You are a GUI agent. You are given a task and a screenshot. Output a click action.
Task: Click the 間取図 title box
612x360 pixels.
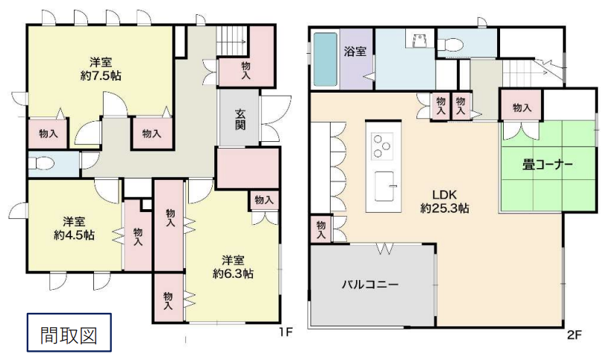click(x=69, y=332)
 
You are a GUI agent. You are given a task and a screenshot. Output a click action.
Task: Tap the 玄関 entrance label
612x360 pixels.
click(x=240, y=119)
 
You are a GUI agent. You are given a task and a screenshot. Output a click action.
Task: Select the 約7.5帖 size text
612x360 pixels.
click(x=101, y=75)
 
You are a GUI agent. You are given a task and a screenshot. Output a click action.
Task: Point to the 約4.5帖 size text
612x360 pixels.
click(x=74, y=235)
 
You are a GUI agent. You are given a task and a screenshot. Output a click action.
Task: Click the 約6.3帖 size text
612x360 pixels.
click(x=233, y=273)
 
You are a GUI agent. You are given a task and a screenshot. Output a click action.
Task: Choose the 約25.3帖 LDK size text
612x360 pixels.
click(x=445, y=208)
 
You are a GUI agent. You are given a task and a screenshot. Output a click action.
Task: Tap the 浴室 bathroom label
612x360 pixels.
click(x=355, y=51)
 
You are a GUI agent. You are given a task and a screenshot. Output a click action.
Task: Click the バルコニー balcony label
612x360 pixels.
click(x=370, y=284)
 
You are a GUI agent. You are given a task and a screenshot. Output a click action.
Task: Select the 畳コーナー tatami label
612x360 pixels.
click(x=548, y=164)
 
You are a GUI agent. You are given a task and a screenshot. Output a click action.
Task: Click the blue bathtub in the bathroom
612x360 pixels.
click(x=325, y=59)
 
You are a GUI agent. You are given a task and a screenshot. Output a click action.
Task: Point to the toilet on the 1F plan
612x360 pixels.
click(x=41, y=164)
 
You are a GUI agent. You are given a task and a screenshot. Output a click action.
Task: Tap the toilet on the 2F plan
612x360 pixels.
click(x=449, y=44)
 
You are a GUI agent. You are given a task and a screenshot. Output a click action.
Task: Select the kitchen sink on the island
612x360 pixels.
click(x=384, y=186)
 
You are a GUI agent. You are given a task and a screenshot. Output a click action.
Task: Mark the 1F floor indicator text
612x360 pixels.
click(x=285, y=332)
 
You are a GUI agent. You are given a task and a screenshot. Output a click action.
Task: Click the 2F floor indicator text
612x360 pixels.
click(x=575, y=335)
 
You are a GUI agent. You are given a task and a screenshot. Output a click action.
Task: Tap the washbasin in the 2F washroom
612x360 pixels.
click(x=419, y=40)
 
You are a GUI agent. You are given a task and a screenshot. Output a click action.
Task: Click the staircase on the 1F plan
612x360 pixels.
click(x=232, y=40)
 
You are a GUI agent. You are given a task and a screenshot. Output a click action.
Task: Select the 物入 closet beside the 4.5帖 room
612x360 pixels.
click(x=138, y=236)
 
